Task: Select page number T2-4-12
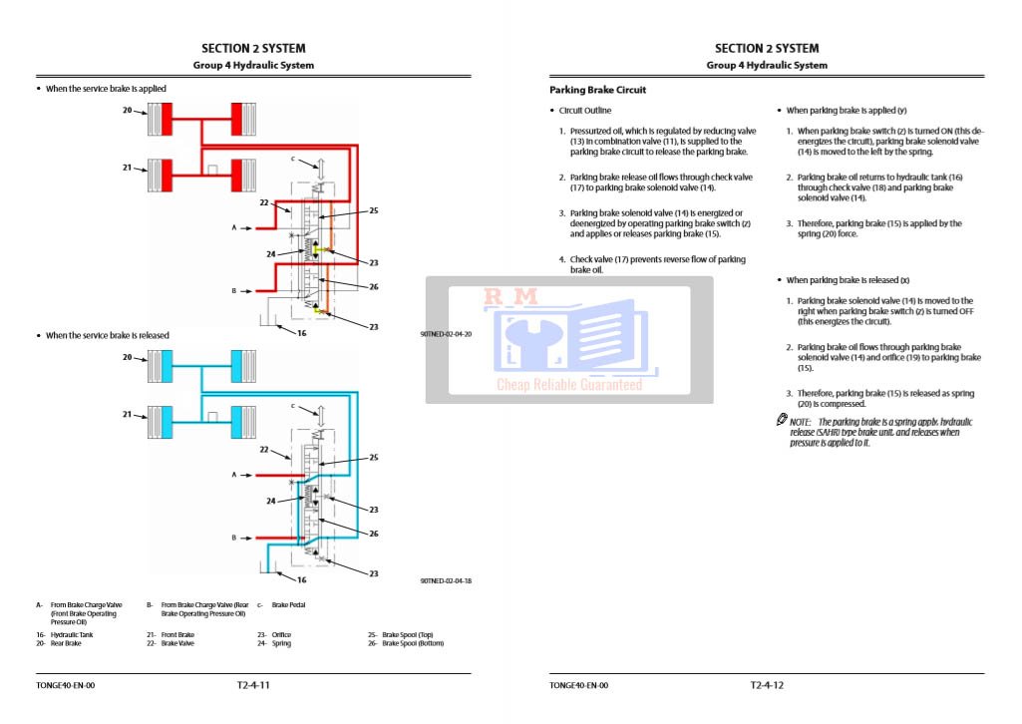click(x=767, y=685)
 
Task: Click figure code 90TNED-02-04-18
click(x=446, y=580)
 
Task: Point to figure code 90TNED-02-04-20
click(x=446, y=334)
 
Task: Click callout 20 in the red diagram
click(x=128, y=110)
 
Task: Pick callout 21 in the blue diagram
click(x=128, y=414)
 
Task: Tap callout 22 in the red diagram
click(x=264, y=202)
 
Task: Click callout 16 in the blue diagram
click(x=301, y=579)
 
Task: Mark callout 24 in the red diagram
click(x=271, y=253)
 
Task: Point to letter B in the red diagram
click(x=234, y=291)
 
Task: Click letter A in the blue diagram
click(x=234, y=475)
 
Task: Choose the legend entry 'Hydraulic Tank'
click(x=69, y=634)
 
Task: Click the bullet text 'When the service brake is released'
click(x=108, y=335)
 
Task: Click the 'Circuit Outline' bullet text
click(x=585, y=111)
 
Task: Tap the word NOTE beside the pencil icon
click(x=801, y=422)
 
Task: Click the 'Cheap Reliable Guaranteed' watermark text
click(x=569, y=385)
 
